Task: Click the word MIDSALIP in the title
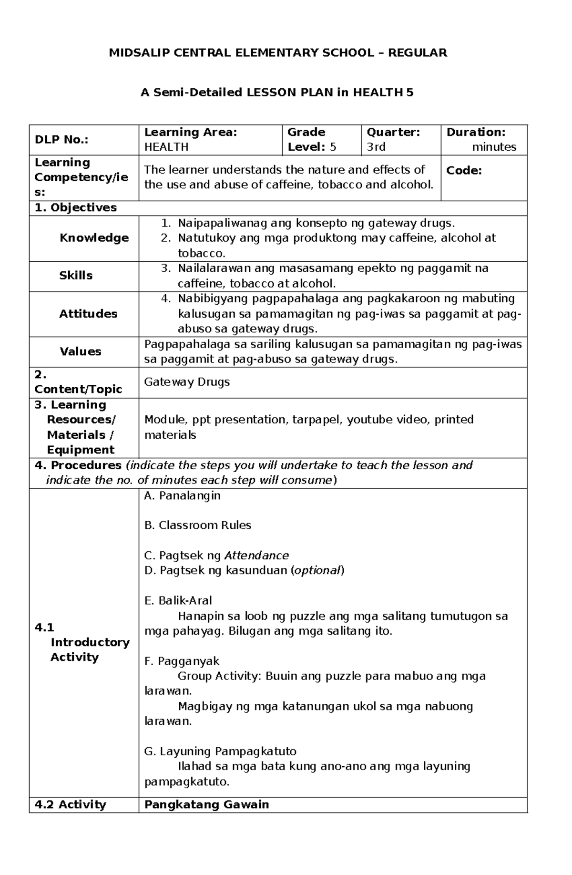(x=134, y=53)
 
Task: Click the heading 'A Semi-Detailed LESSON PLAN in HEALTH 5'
(x=277, y=93)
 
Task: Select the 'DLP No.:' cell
(x=63, y=140)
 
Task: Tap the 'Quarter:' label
(x=393, y=132)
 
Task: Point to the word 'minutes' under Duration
(x=494, y=147)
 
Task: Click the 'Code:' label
(x=464, y=170)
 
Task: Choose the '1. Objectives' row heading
(x=75, y=207)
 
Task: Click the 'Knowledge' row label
(x=94, y=237)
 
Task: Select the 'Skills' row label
(x=76, y=275)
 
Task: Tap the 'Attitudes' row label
(x=88, y=314)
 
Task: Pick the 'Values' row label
(x=80, y=351)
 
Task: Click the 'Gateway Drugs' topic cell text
(x=187, y=382)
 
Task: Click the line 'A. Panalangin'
(x=182, y=495)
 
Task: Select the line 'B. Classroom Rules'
(x=197, y=525)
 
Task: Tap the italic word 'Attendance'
(x=256, y=556)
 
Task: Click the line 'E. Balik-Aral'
(x=178, y=600)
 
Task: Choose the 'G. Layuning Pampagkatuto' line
(x=220, y=751)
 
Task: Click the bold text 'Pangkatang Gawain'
(x=206, y=804)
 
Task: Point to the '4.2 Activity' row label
(x=70, y=804)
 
